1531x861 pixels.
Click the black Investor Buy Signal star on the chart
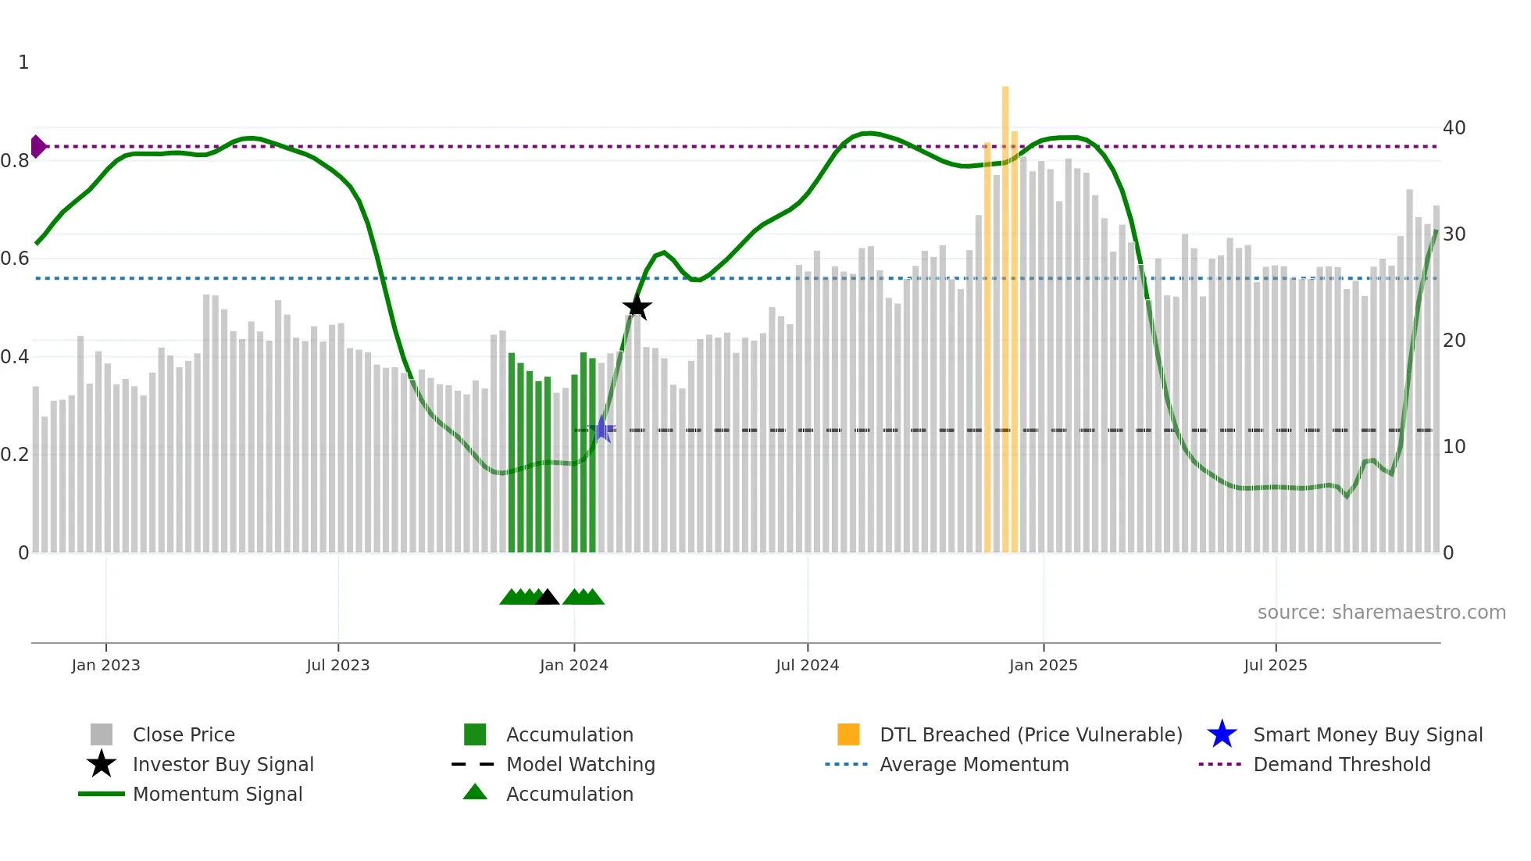point(637,307)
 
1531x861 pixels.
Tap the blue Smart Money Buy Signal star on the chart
point(601,429)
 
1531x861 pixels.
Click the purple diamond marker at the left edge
point(37,146)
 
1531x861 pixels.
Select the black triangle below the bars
point(548,598)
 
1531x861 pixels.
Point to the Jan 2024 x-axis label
point(573,665)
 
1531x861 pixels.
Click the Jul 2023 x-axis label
point(337,665)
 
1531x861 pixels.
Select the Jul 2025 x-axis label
point(1275,665)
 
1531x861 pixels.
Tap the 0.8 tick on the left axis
point(15,161)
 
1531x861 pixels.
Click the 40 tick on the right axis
point(1454,127)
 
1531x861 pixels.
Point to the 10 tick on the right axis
point(1454,446)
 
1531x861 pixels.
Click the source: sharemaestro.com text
point(1381,612)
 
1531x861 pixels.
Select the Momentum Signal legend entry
point(217,794)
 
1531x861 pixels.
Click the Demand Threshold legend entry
point(1341,764)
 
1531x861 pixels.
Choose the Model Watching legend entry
point(580,764)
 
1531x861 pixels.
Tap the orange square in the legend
point(848,734)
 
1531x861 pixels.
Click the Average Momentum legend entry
point(973,764)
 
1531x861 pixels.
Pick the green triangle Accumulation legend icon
point(475,792)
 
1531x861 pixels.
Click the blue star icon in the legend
point(1222,734)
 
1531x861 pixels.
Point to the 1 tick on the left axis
point(23,63)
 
